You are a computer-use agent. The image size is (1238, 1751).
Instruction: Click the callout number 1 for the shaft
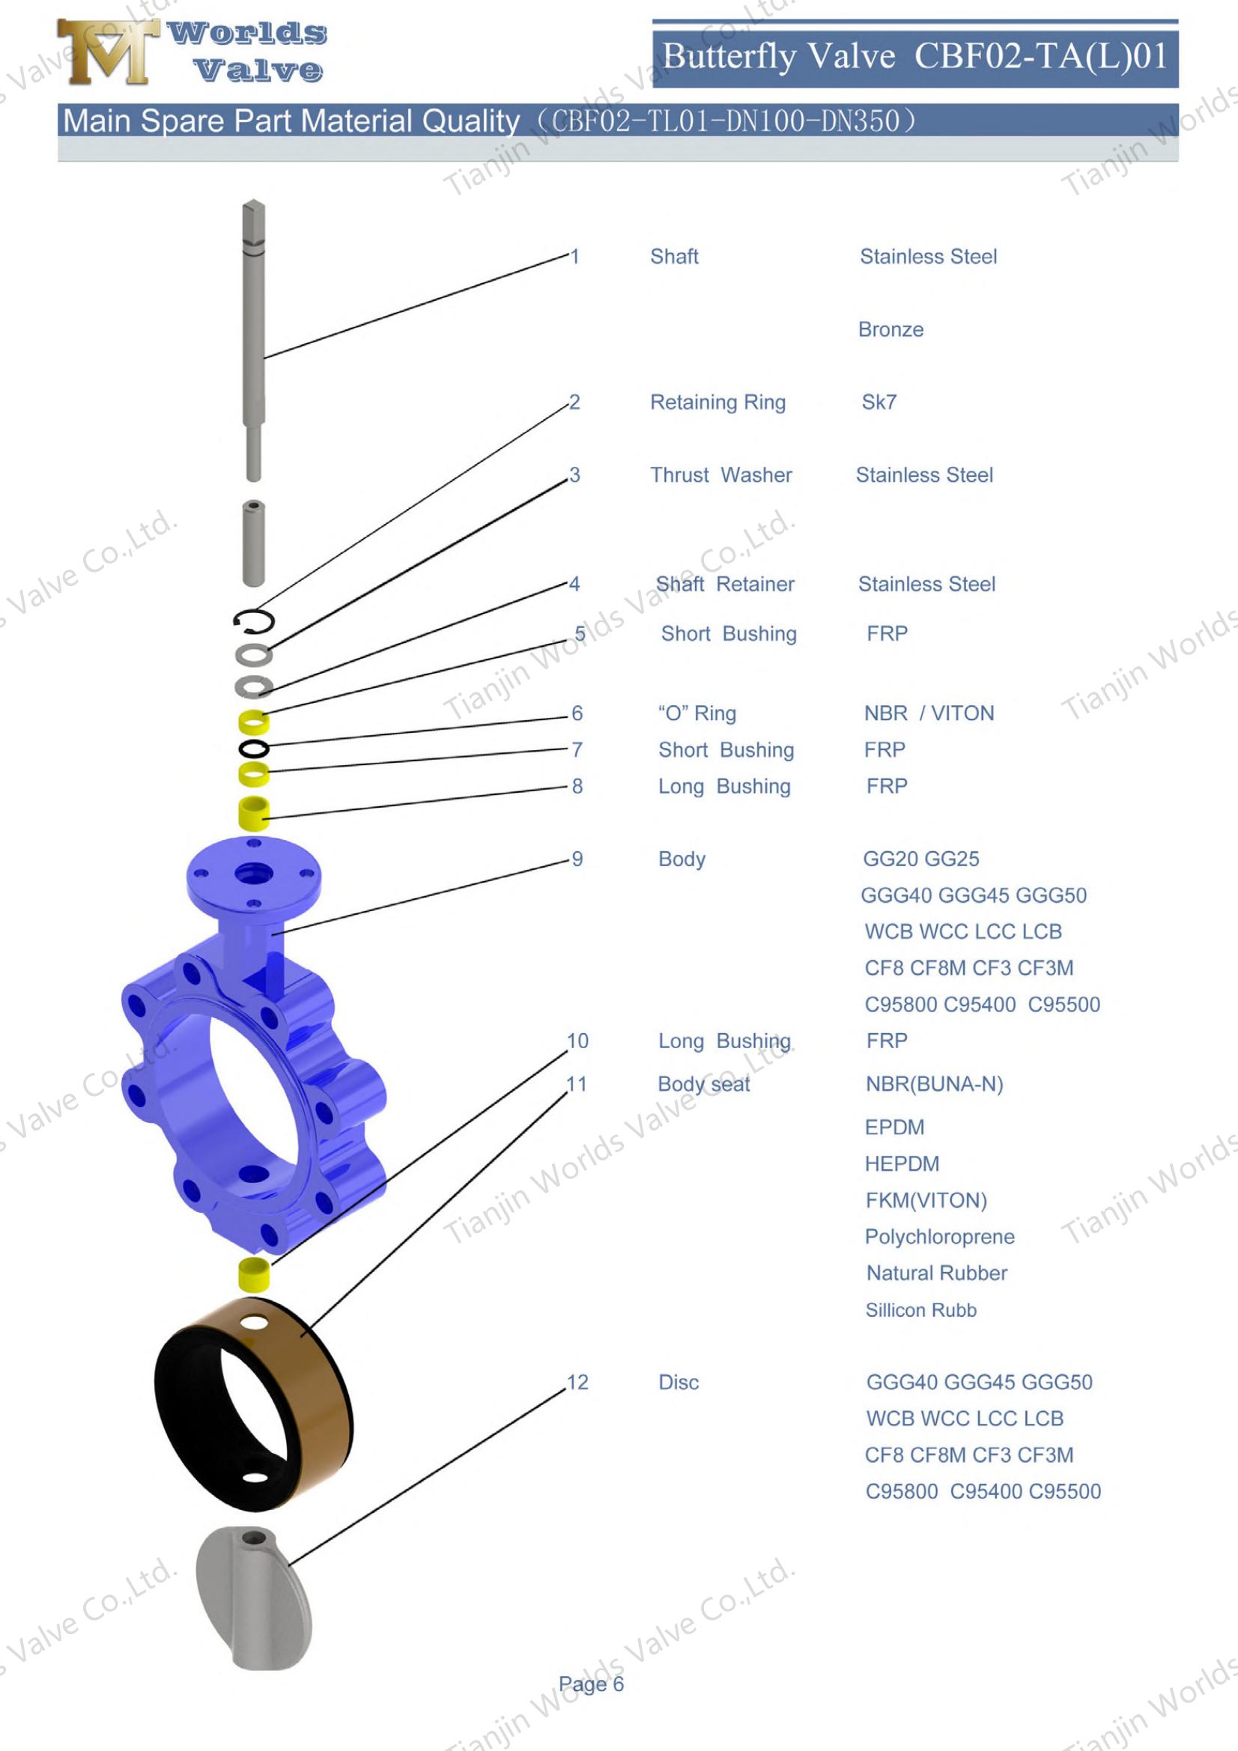coord(575,256)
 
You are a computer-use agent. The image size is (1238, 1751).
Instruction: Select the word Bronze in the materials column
coord(890,329)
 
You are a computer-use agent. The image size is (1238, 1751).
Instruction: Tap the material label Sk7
coord(879,402)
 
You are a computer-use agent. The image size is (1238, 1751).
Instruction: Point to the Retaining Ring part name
coord(717,402)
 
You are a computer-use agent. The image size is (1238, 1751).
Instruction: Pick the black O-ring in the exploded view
coord(253,747)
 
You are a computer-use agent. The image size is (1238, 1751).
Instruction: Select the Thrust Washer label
coord(720,475)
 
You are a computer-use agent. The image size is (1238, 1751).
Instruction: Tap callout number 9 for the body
coord(577,859)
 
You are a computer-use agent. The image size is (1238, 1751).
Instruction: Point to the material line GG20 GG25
coord(920,859)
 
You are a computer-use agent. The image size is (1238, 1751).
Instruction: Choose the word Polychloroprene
coord(939,1236)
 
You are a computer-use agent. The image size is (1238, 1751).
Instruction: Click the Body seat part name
coord(703,1084)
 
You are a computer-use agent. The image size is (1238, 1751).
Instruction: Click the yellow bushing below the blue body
coord(255,1273)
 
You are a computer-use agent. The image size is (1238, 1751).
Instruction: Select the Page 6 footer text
coord(590,1705)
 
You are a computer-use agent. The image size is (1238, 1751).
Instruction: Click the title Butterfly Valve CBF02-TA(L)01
coord(914,56)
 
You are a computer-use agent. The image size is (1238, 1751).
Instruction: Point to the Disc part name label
coord(678,1382)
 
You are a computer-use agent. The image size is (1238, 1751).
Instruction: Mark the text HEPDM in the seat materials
coord(902,1164)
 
